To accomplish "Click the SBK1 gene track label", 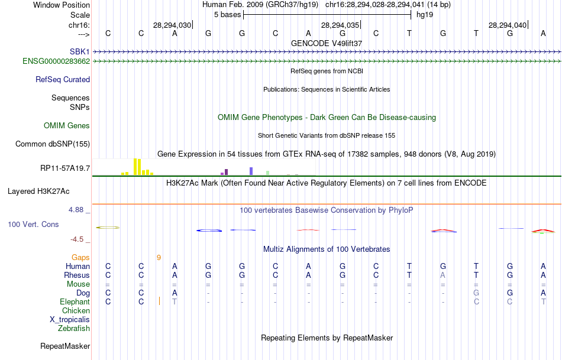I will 79,52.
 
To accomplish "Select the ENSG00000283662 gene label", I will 56,61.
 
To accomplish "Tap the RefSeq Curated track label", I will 63,79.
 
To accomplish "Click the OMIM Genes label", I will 67,125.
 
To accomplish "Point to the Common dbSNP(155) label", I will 53,144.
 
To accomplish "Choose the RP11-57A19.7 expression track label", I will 65,168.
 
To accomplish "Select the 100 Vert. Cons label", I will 33,225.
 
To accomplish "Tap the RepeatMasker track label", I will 65,346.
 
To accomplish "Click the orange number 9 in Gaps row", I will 159,257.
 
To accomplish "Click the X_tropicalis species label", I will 70,319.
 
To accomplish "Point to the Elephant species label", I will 75,301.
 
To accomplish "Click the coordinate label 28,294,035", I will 340,25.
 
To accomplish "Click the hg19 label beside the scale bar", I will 425,14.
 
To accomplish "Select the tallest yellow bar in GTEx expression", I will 135,167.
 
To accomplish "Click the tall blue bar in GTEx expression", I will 251,171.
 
